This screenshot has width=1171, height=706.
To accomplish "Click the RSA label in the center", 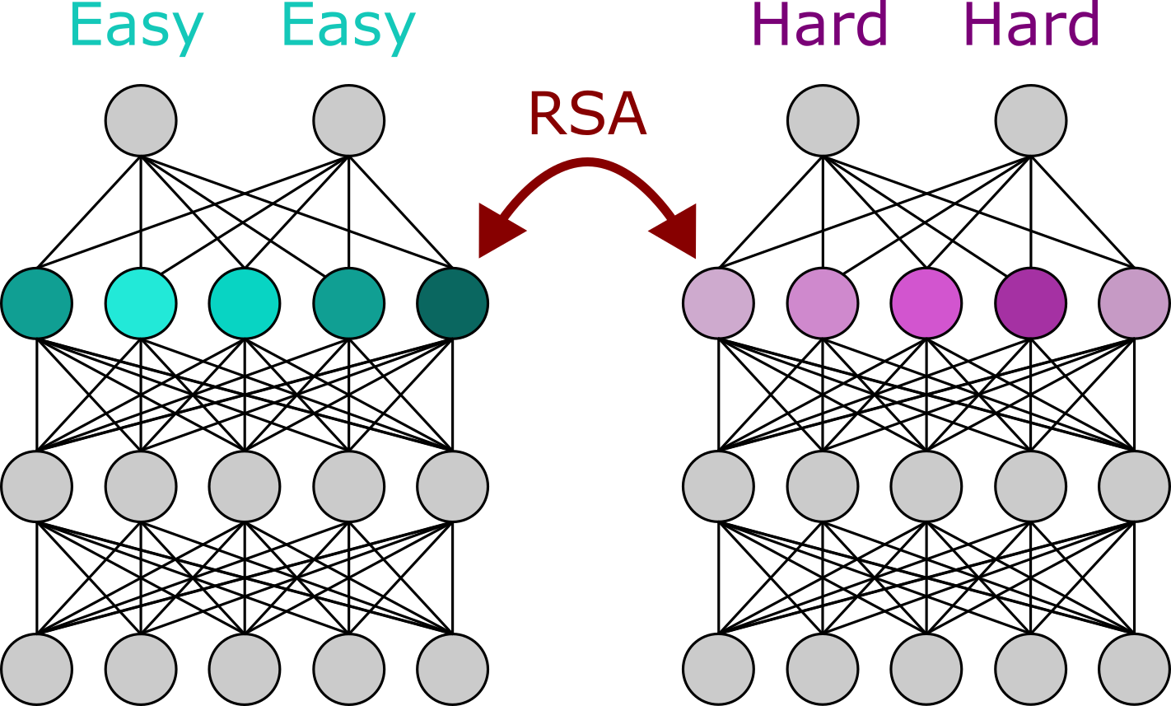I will pyautogui.click(x=586, y=115).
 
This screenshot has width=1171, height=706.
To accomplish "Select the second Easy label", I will pyautogui.click(x=348, y=26).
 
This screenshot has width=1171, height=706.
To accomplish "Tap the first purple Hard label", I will pyautogui.click(x=820, y=25).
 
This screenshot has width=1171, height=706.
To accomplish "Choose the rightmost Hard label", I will pyautogui.click(x=1031, y=25).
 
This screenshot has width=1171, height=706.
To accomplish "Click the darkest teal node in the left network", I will pyautogui.click(x=452, y=302).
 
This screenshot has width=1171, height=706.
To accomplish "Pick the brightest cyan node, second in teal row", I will pyautogui.click(x=141, y=302).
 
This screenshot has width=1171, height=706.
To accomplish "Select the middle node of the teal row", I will pyautogui.click(x=245, y=302).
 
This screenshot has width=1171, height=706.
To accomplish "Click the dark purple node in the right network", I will pyautogui.click(x=1030, y=302).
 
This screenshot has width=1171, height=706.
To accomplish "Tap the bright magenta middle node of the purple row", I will pyautogui.click(x=926, y=302).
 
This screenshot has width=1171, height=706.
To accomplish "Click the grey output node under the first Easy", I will pyautogui.click(x=141, y=120).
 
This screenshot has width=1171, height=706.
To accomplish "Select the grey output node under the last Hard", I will pyautogui.click(x=1030, y=120).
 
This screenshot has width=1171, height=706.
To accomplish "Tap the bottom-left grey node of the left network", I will pyautogui.click(x=36, y=668).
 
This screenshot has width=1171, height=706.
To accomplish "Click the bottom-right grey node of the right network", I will pyautogui.click(x=1134, y=668).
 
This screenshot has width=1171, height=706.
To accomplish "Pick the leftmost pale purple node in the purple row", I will pyautogui.click(x=718, y=302).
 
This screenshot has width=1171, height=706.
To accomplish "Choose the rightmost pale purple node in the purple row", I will pyautogui.click(x=1134, y=302).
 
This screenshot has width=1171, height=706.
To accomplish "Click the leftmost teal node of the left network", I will pyautogui.click(x=36, y=302).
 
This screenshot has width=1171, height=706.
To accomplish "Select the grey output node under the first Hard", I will pyautogui.click(x=823, y=120).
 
